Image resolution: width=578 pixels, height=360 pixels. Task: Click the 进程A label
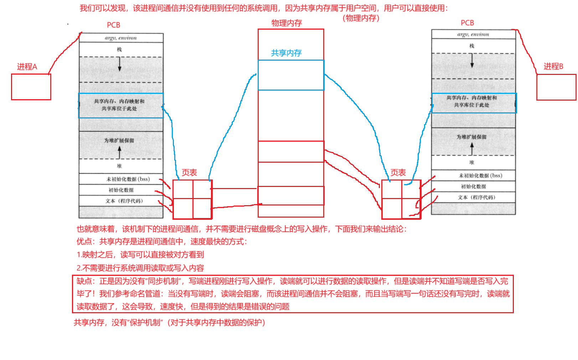pyautogui.click(x=27, y=67)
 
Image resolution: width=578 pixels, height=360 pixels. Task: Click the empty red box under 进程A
pyautogui.click(x=31, y=87)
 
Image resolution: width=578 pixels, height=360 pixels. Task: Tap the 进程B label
pyautogui.click(x=553, y=66)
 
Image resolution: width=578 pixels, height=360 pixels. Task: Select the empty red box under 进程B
pyautogui.click(x=556, y=87)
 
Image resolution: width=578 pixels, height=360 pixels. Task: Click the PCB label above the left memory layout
pyautogui.click(x=114, y=25)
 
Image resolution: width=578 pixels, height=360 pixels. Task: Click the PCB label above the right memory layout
pyautogui.click(x=467, y=23)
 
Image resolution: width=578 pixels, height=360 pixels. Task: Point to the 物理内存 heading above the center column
pyautogui.click(x=287, y=23)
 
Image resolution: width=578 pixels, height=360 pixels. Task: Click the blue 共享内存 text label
pyautogui.click(x=286, y=53)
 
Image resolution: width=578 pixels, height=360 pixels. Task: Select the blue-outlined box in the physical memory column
pyautogui.click(x=291, y=75)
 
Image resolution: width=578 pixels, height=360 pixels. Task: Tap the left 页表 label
pyautogui.click(x=189, y=173)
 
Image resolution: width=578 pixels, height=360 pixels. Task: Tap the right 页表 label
pyautogui.click(x=398, y=173)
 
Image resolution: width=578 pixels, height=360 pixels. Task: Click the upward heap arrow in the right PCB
pyautogui.click(x=472, y=149)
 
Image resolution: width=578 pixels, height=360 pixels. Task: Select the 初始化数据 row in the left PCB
pyautogui.click(x=121, y=190)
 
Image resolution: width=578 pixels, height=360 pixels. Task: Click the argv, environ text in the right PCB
pyautogui.click(x=473, y=34)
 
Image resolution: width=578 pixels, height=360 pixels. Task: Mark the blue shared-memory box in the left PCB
pyautogui.click(x=121, y=105)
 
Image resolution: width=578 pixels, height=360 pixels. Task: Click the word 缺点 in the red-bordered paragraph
pyautogui.click(x=84, y=281)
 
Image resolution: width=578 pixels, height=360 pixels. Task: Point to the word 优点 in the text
pyautogui.click(x=84, y=242)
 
